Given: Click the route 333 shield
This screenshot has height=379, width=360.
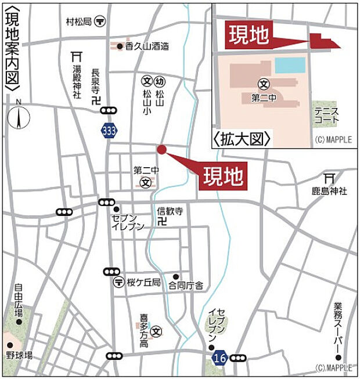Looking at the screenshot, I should [x=107, y=131].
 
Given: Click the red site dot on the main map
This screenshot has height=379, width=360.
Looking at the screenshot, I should [x=161, y=149].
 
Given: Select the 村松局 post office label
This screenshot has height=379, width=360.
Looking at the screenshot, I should [x=79, y=21].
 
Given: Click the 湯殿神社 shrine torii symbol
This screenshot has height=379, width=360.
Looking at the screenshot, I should [x=75, y=56].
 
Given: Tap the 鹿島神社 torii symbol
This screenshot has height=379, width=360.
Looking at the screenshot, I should [x=329, y=178].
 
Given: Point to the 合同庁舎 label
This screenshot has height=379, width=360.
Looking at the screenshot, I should [x=186, y=285].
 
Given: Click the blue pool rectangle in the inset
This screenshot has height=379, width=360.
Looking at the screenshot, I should [x=290, y=65].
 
